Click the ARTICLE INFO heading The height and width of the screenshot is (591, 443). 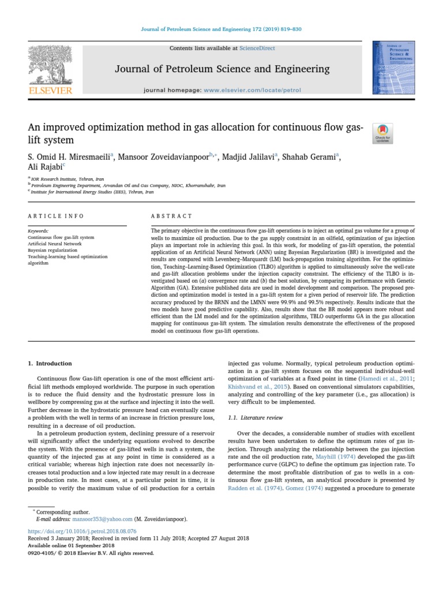(56, 216)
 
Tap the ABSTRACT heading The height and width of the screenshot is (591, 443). (171, 216)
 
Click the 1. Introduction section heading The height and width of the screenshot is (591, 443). (50, 363)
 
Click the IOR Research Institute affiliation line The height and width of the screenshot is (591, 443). (65, 179)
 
